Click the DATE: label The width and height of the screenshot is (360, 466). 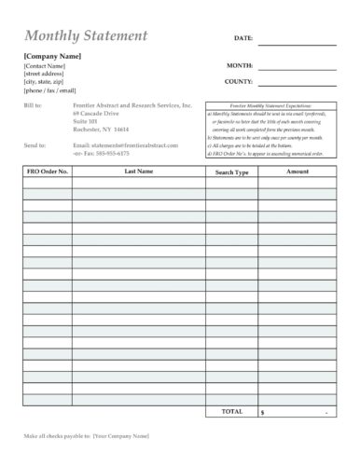tap(242, 38)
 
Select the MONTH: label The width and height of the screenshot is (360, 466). tap(240, 66)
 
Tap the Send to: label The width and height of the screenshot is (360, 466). tap(34, 146)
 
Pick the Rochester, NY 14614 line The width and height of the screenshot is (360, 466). tap(102, 129)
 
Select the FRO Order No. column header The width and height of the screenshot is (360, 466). tap(46, 171)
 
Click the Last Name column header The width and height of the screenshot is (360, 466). tap(139, 171)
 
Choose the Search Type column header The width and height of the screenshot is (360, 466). tap(231, 172)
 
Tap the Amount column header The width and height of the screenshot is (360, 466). tap(298, 171)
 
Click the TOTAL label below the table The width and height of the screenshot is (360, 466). tap(231, 410)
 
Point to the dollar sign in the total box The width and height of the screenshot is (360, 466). tap(263, 411)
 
